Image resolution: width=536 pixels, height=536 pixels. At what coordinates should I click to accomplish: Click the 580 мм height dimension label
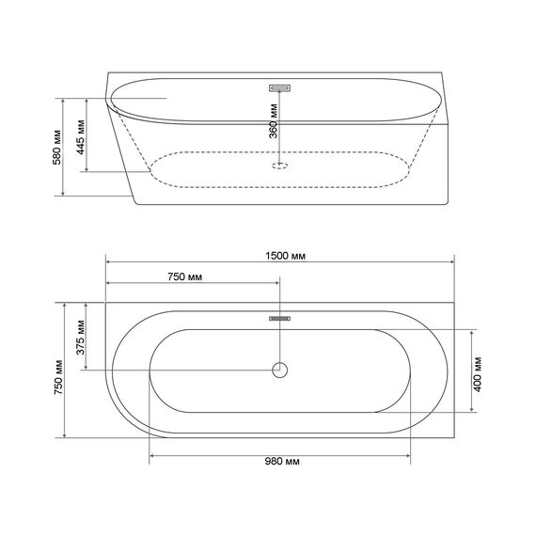tap(57, 148)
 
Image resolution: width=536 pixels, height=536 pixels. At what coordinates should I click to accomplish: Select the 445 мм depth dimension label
tap(81, 137)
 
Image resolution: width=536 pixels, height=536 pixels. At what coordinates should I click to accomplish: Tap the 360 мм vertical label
tap(273, 120)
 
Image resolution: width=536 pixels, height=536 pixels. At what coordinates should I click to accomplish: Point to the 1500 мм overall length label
tap(286, 256)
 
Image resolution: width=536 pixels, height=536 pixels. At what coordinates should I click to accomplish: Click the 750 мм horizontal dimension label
tap(185, 276)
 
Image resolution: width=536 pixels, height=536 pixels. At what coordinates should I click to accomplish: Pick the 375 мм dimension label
tap(81, 338)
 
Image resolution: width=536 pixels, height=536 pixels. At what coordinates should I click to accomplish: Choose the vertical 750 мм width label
tap(58, 377)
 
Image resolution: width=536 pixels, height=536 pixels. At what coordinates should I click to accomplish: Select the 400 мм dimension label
tap(478, 374)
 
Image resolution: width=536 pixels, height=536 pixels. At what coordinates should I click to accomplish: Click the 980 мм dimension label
tap(282, 461)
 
